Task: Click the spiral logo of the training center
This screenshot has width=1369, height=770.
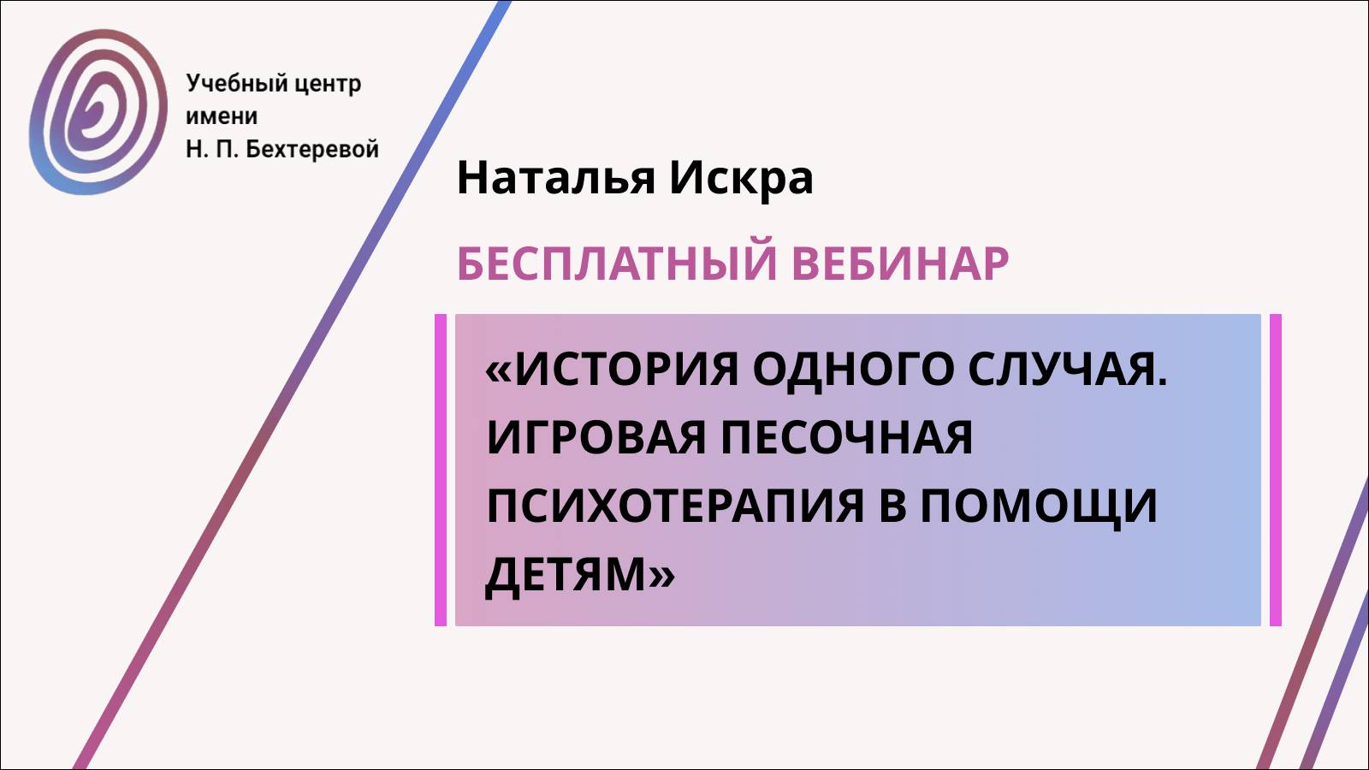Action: tap(98, 111)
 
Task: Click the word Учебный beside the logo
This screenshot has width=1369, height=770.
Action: tap(224, 84)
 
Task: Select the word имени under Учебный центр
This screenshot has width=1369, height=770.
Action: tap(222, 116)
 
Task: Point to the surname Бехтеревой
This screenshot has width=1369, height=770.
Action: tap(312, 149)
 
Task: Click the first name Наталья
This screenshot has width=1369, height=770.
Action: tap(556, 178)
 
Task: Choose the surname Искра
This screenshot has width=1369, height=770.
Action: tap(741, 178)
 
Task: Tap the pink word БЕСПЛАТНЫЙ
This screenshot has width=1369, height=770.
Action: tap(617, 263)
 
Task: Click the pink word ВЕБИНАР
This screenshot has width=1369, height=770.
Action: tap(900, 263)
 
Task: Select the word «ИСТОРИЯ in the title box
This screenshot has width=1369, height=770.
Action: tap(611, 370)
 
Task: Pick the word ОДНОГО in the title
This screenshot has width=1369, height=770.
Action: tap(853, 370)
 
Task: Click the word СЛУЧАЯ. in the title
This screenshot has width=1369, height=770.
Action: tap(1067, 370)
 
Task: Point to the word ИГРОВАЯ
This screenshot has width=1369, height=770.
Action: tap(596, 437)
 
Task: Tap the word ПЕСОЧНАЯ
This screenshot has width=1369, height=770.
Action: tap(846, 437)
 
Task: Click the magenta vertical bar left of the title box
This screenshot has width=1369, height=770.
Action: tap(441, 470)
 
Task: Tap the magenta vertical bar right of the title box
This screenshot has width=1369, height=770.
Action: tap(1275, 470)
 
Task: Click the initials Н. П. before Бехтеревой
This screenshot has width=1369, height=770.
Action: tap(210, 149)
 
